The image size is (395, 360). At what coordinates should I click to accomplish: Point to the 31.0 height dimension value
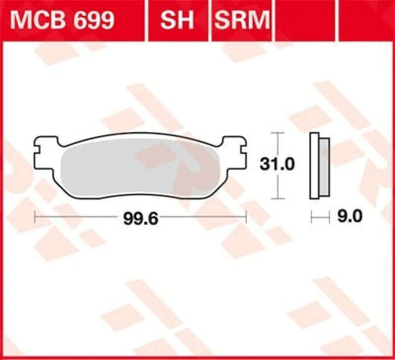[x=277, y=165]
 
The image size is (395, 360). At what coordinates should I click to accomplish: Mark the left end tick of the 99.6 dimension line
[x=35, y=216]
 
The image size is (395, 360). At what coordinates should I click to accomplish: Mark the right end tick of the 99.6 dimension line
[x=245, y=216]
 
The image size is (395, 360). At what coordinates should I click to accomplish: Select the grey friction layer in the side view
[x=324, y=167]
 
